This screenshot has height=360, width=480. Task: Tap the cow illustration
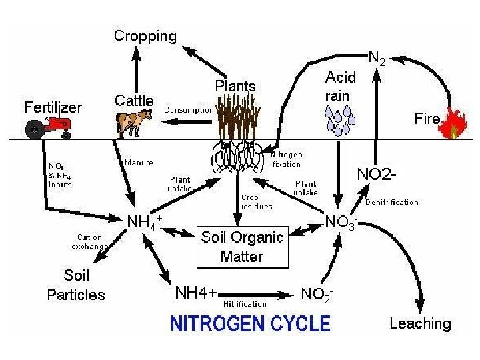pyautogui.click(x=134, y=121)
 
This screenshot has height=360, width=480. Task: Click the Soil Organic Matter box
pyautogui.click(x=243, y=246)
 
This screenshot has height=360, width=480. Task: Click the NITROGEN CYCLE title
pyautogui.click(x=251, y=324)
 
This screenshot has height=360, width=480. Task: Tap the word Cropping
pyautogui.click(x=145, y=36)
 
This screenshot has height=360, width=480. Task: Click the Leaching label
pyautogui.click(x=420, y=324)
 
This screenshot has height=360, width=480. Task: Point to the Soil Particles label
pyautogui.click(x=76, y=285)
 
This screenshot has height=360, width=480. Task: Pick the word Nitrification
pyautogui.click(x=245, y=304)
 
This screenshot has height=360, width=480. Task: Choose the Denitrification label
pyautogui.click(x=392, y=202)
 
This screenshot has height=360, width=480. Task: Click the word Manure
pyautogui.click(x=139, y=163)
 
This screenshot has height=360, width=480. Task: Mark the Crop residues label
pyautogui.click(x=257, y=202)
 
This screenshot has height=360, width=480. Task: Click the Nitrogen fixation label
pyautogui.click(x=287, y=159)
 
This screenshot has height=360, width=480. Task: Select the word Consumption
pyautogui.click(x=189, y=109)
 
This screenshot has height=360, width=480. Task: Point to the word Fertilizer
pyautogui.click(x=53, y=107)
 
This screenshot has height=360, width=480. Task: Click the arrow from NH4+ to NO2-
pyautogui.click(x=260, y=294)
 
